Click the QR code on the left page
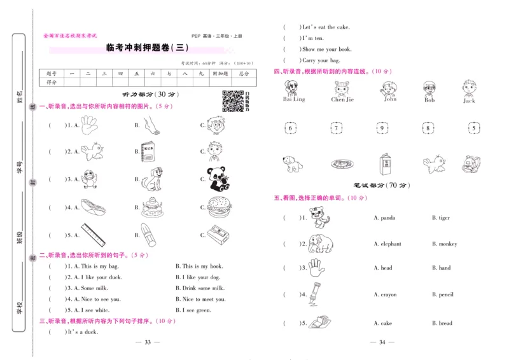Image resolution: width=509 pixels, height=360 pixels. tap(232, 100)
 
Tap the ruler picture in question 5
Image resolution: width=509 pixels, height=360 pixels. tap(92, 235)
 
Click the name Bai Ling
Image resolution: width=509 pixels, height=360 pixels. tap(294, 100)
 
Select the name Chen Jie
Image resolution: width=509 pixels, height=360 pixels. tap(342, 100)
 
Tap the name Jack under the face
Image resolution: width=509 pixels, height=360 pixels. tap(469, 100)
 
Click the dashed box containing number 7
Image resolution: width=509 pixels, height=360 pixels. tap(336, 128)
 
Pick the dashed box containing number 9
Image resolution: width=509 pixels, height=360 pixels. tap(382, 128)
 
